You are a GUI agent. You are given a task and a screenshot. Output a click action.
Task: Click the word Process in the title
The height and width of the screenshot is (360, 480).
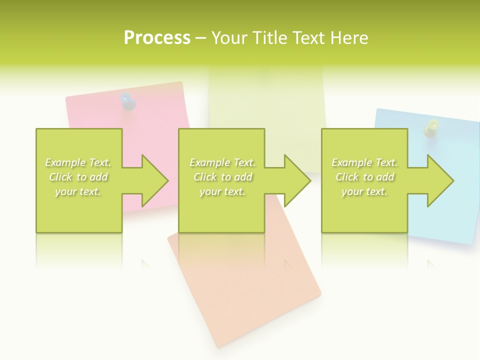coord(157,37)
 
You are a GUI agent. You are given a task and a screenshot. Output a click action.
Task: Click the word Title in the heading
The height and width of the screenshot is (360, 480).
coord(269,37)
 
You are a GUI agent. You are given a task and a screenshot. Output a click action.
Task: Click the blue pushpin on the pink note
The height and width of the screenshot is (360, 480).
coord(128,101)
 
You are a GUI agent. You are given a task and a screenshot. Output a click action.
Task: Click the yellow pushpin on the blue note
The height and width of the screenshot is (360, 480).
coord(431,128)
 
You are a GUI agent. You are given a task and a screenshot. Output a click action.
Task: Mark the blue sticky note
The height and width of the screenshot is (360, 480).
coord(445,220)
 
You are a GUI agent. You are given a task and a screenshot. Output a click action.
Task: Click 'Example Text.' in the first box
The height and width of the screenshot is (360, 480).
coord(78,162)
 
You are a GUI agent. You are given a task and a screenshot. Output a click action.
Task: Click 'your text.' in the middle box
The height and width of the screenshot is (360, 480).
coord(222,191)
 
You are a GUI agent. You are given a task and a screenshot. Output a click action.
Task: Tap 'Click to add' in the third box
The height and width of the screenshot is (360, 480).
coord(365,177)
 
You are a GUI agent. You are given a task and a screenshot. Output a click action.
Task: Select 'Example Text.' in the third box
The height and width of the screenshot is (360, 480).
coord(364,162)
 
